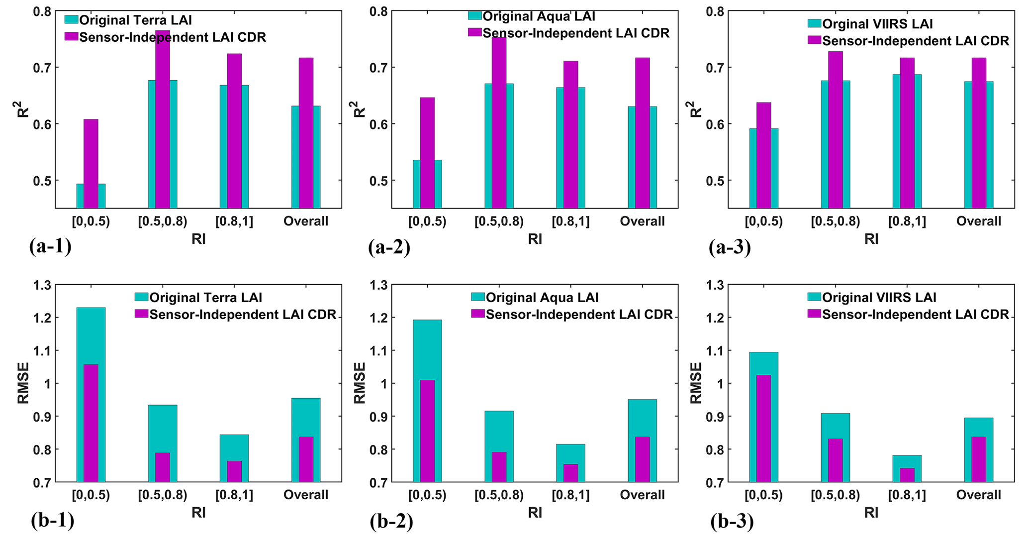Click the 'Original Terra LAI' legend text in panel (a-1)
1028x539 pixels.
point(135,20)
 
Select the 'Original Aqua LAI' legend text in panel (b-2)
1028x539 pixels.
point(542,298)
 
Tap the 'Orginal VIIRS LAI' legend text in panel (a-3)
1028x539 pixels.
point(877,24)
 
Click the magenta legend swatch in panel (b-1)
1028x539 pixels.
point(141,314)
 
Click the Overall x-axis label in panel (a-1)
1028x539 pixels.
point(306,221)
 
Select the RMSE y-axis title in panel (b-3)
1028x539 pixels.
point(696,383)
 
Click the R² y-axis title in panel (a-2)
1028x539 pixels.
point(359,109)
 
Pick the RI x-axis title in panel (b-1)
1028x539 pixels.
point(198,513)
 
